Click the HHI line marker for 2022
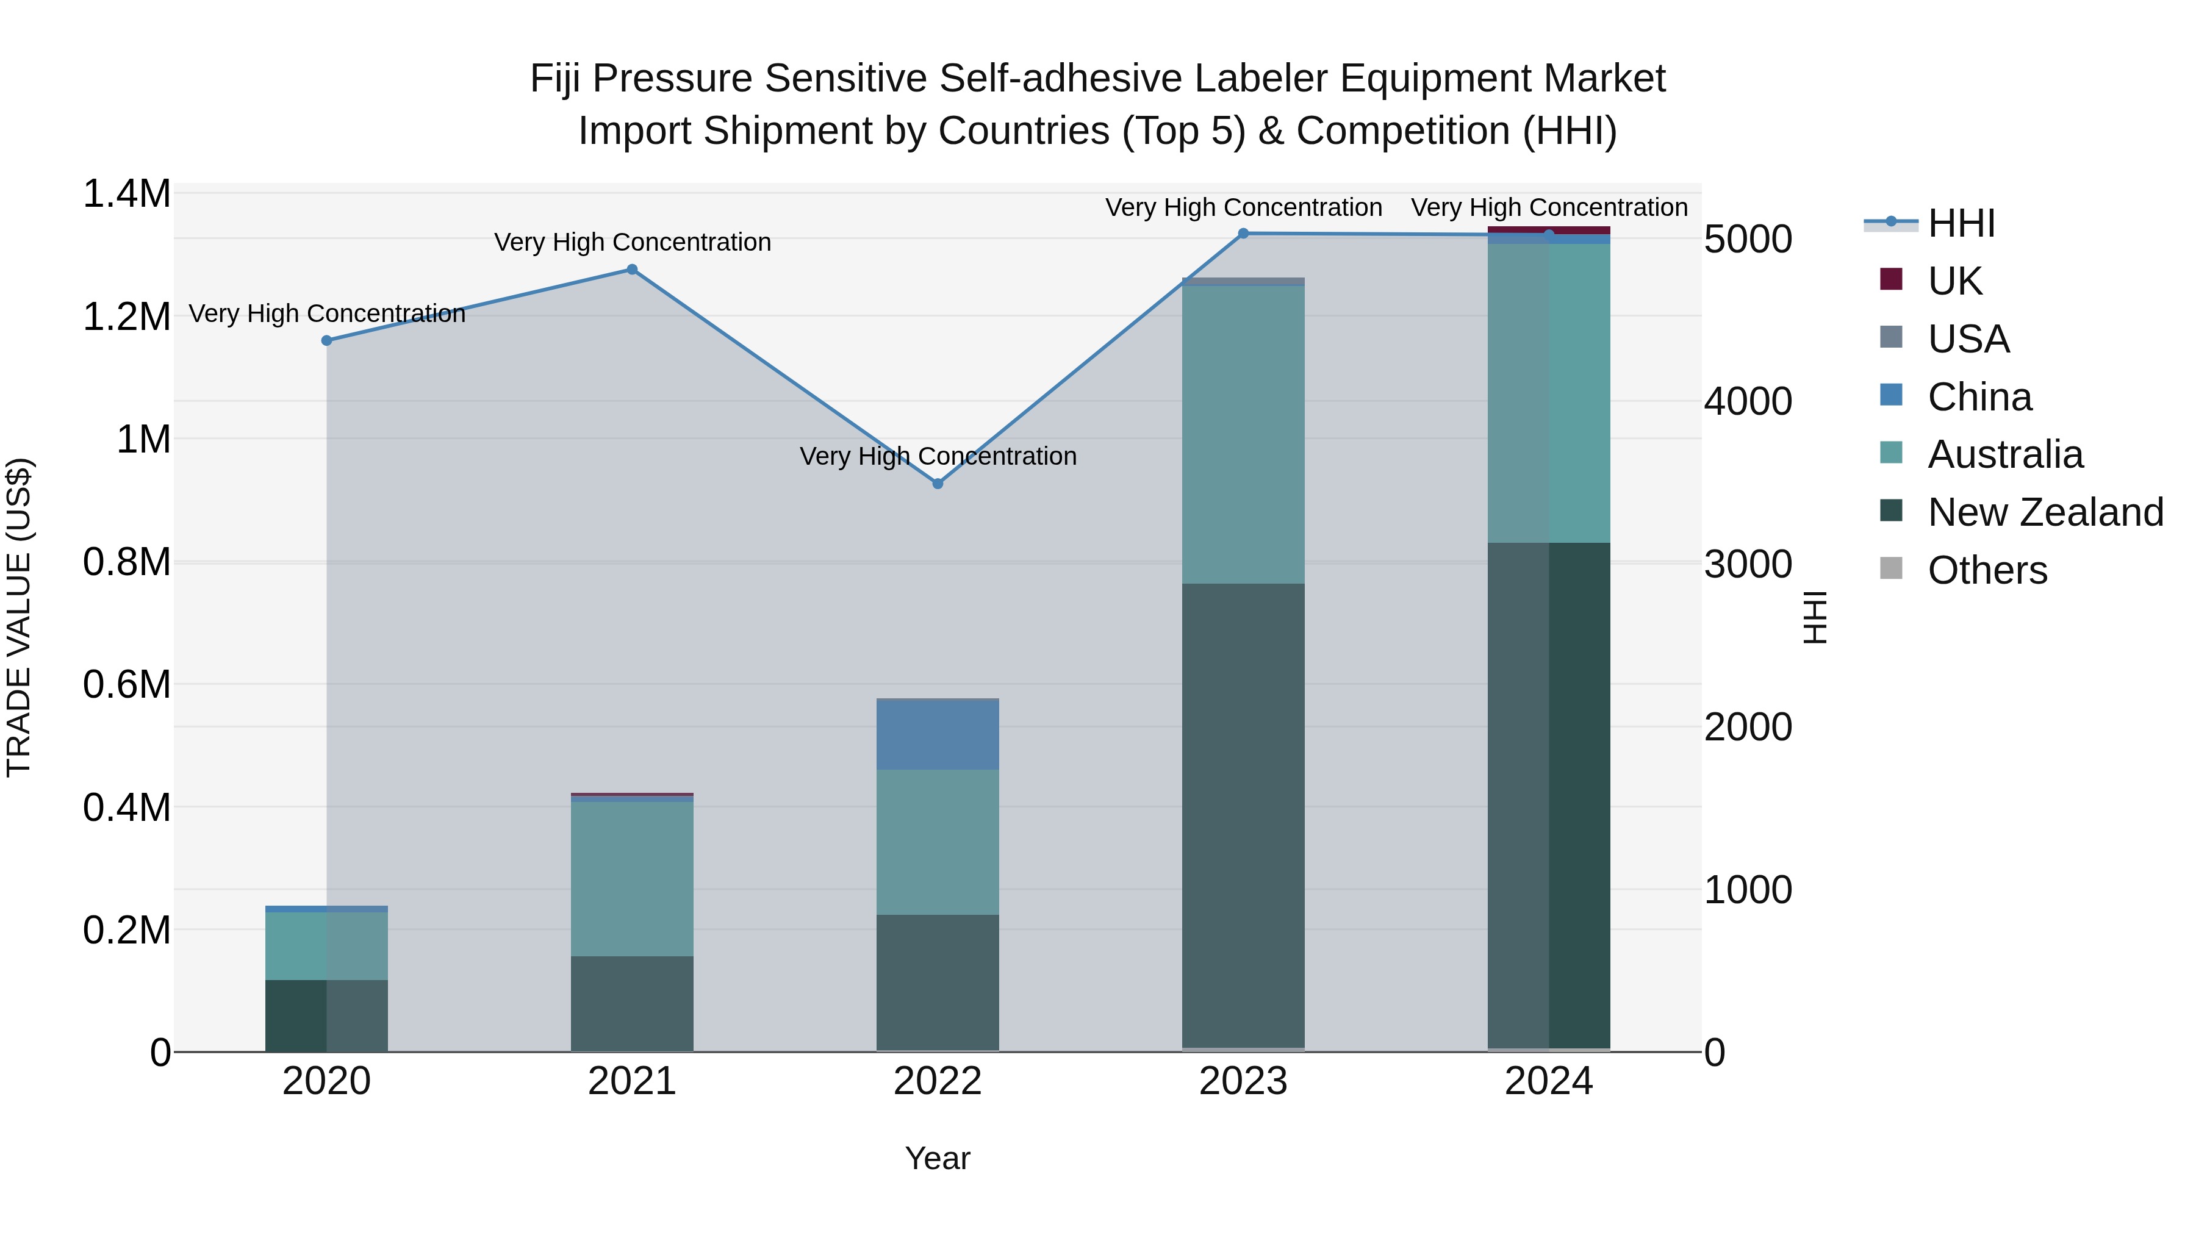tap(938, 483)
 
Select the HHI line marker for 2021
tap(632, 270)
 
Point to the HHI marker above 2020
tap(326, 340)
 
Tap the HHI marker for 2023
tap(1243, 233)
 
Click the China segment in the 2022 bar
tap(938, 734)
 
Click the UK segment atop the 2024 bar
tap(1549, 229)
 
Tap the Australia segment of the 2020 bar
tap(326, 945)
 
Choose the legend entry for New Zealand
tap(2045, 512)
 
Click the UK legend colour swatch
tap(1891, 279)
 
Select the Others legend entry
tap(1986, 570)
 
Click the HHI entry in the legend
tap(1961, 223)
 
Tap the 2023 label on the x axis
tap(1243, 1081)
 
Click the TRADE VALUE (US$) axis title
tap(19, 617)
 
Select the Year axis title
tap(937, 1158)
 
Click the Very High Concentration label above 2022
tap(938, 456)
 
